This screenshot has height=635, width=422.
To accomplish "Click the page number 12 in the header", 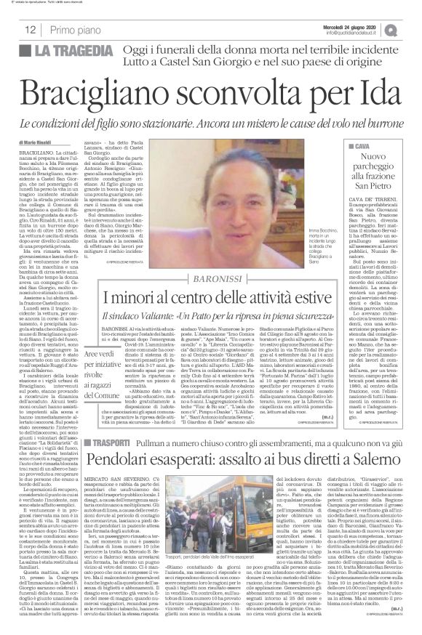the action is click(x=31, y=30).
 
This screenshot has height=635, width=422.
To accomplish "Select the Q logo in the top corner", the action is click(x=411, y=30).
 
